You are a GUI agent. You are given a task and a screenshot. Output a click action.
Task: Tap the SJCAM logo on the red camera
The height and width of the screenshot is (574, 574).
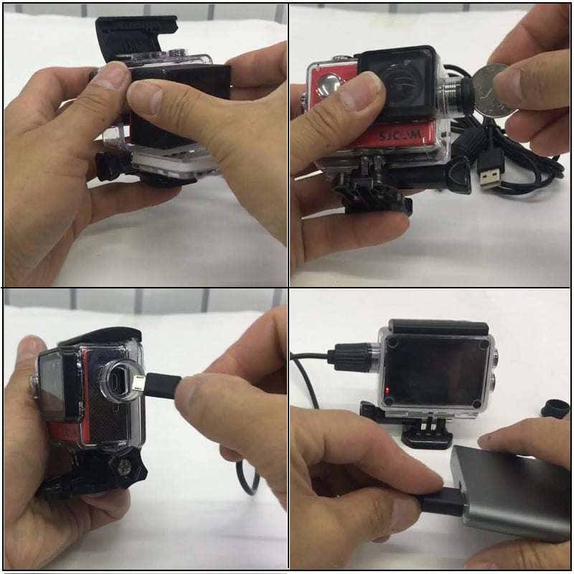click(400, 136)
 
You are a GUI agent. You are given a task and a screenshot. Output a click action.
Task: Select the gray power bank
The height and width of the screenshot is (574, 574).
click(512, 491)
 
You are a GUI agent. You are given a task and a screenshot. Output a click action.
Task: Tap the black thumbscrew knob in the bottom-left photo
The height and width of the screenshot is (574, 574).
click(126, 469)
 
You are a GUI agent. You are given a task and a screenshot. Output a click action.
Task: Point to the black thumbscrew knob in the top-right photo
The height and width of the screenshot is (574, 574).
click(458, 173)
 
